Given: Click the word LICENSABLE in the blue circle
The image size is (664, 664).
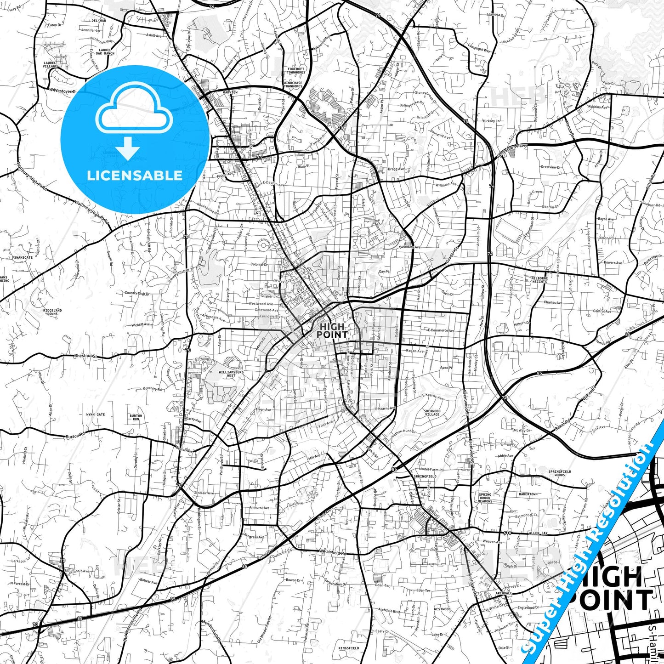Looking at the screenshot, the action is click(x=135, y=176).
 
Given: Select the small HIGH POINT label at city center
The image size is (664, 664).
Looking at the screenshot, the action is click(x=332, y=330).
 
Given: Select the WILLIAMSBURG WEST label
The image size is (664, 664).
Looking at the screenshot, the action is click(x=231, y=374).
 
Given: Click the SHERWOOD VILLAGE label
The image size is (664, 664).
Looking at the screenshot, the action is click(x=432, y=413).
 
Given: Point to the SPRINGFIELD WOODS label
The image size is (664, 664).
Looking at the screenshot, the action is click(x=560, y=473).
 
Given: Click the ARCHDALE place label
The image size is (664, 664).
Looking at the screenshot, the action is click(x=504, y=593).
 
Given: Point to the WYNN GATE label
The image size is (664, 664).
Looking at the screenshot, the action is click(x=96, y=414).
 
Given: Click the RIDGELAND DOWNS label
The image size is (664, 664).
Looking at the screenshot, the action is click(x=52, y=312).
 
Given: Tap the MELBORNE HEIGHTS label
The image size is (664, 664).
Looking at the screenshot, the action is click(x=539, y=280).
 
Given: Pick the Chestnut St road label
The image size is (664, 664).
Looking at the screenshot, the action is click(x=86, y=356).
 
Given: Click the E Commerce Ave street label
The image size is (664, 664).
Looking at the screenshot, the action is click(x=441, y=330).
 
